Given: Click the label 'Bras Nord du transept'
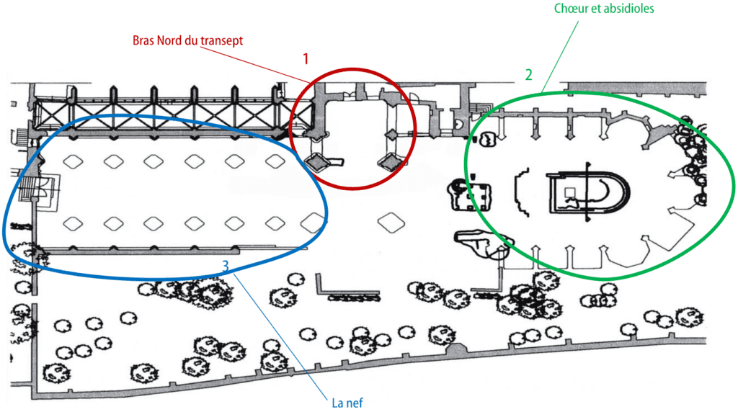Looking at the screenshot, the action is point(187,40).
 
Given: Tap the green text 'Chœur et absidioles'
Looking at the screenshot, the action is point(604,9).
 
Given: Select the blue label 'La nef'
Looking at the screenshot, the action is point(347,403).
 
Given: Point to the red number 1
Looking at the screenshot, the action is point(306,59).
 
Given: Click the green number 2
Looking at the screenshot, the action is point(528,75).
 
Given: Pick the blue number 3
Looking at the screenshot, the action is point(226,267).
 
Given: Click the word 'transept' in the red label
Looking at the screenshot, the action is point(222,41).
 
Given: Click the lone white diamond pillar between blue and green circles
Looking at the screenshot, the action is point(391,223).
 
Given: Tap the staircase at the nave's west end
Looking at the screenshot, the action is point(27,189).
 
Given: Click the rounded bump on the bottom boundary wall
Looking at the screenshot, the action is point(455,349).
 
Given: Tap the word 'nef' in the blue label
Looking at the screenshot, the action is point(355,403).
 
